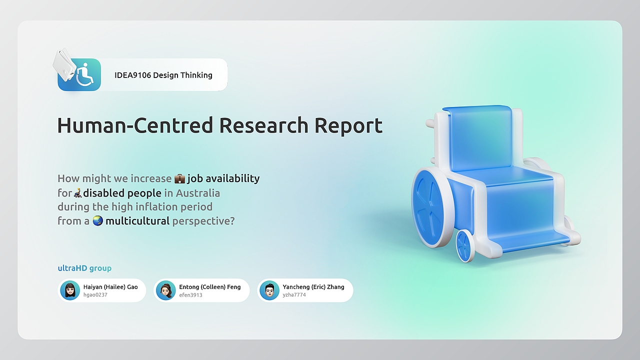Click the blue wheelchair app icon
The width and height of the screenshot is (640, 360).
(x=79, y=74)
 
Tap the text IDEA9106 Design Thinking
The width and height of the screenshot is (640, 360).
(x=163, y=75)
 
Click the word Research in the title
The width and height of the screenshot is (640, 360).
(x=263, y=125)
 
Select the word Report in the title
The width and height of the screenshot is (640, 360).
(x=348, y=126)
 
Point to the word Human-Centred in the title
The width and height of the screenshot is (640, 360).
(x=135, y=125)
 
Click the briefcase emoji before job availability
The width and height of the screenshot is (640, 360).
(x=179, y=178)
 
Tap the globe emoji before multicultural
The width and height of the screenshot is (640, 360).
(x=97, y=220)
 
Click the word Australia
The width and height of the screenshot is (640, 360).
(x=197, y=193)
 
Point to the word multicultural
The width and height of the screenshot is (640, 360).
(x=137, y=221)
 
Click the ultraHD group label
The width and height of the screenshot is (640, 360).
(x=84, y=268)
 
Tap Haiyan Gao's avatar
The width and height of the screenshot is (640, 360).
(x=70, y=290)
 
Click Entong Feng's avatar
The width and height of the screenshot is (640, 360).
(x=165, y=290)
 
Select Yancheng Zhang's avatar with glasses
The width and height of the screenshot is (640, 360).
(x=269, y=290)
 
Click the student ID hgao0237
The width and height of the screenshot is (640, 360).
(x=95, y=295)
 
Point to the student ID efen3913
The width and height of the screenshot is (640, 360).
(x=190, y=295)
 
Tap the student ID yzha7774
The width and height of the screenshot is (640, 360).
(x=294, y=295)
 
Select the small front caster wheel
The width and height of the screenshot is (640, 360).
(x=464, y=246)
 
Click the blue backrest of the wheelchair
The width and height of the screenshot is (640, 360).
(x=480, y=138)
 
